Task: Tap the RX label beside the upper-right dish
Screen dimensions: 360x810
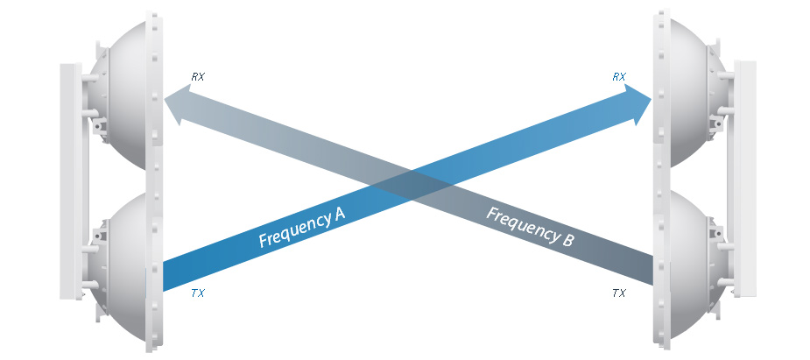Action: [619, 77]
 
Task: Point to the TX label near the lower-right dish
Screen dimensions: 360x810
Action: [619, 293]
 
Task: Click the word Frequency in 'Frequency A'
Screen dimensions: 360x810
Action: [291, 233]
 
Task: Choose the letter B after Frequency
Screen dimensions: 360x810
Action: [567, 240]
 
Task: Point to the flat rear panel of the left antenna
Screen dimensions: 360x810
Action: [70, 180]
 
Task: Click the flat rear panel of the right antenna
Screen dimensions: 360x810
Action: [745, 180]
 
